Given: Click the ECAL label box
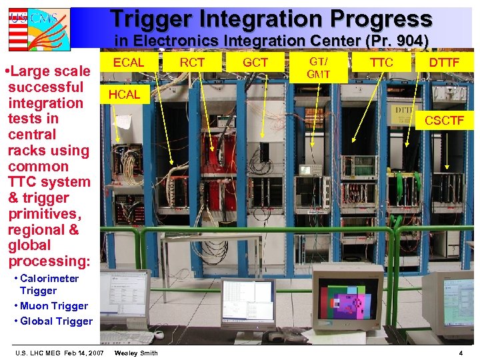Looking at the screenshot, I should [129, 63].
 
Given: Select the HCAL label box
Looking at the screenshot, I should [124, 95].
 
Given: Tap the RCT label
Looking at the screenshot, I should [192, 63].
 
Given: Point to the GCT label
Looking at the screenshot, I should [255, 63].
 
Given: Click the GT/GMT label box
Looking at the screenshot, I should [318, 67].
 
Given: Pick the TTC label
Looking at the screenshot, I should [381, 63].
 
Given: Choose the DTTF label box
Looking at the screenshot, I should [444, 63].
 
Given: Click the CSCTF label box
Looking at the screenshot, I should [444, 120].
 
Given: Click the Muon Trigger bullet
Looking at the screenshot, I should [53, 306].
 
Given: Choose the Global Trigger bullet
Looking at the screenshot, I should [56, 321].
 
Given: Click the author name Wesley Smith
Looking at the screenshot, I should [136, 352].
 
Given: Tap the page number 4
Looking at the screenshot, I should [461, 352].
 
